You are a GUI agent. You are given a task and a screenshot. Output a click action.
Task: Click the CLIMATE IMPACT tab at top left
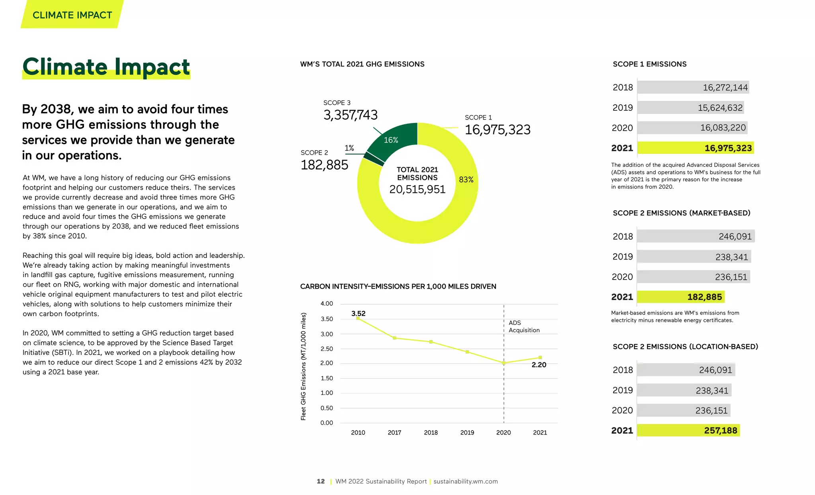[x=72, y=15]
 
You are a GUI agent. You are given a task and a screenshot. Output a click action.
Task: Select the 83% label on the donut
[x=466, y=180]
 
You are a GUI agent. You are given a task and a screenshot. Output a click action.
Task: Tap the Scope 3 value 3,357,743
[x=350, y=115]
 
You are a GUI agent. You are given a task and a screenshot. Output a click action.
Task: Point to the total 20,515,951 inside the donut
[x=417, y=189]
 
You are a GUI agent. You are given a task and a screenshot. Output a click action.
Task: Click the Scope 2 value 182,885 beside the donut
[x=324, y=165]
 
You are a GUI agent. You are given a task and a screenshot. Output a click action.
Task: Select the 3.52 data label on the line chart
[x=358, y=313]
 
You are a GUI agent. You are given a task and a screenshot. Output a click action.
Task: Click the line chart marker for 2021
[x=540, y=357]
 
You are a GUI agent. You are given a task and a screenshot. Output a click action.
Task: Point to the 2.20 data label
[x=539, y=365]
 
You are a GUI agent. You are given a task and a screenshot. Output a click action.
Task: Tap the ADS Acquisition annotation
[x=524, y=327]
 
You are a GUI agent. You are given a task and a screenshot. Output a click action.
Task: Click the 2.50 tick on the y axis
[x=327, y=349]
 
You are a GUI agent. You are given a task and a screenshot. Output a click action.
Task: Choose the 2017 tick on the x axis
[x=394, y=432]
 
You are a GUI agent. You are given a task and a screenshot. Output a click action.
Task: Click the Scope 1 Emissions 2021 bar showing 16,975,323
[x=695, y=148]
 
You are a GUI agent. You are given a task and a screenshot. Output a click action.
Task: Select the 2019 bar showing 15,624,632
[x=690, y=108]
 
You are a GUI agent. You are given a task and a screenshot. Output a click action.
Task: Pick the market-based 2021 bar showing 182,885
[x=680, y=297]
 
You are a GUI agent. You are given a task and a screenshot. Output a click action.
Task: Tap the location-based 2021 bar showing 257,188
[x=688, y=430]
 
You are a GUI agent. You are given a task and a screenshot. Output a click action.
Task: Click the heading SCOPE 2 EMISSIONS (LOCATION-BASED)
[x=685, y=346]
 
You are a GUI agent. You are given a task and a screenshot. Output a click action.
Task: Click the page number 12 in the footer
[x=321, y=481]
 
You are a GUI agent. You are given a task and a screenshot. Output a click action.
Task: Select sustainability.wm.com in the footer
[x=466, y=481]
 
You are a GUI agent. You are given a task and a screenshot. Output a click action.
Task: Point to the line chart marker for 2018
[x=431, y=342]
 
